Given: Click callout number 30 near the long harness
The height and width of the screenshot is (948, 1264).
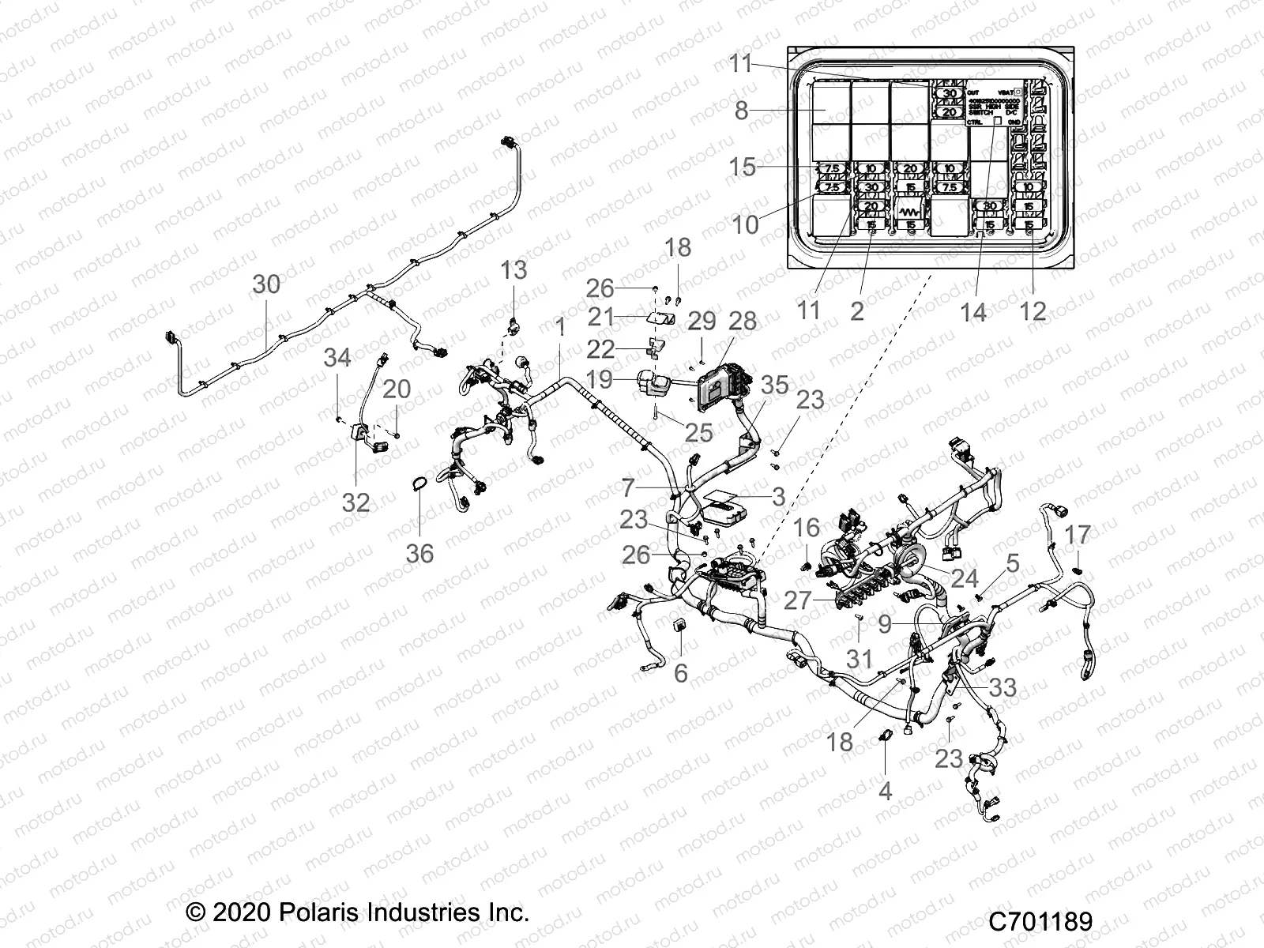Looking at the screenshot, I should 266,284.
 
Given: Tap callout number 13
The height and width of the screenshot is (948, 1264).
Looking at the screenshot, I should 513,271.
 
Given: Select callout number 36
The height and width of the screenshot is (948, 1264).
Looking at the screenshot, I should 419,553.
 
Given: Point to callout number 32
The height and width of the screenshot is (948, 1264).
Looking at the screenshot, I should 355,502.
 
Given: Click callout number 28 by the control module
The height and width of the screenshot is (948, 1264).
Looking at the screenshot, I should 743,322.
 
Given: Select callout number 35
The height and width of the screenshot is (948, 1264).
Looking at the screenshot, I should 775,386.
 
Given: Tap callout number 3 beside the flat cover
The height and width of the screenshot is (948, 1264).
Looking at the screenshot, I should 778,497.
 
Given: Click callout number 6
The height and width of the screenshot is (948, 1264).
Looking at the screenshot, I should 680,673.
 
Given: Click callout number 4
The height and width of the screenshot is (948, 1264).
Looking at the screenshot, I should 885,789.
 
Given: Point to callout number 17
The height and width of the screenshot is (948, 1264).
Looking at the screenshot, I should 1078,536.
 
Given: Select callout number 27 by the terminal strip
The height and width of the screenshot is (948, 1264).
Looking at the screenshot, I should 797,600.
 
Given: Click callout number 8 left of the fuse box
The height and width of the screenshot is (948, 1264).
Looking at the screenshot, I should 741,111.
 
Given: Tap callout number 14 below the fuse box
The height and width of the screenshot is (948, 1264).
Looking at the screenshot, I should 972,312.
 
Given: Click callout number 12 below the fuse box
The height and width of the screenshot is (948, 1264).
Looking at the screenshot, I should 1033,310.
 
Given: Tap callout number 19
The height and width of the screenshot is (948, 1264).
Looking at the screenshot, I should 600,380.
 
